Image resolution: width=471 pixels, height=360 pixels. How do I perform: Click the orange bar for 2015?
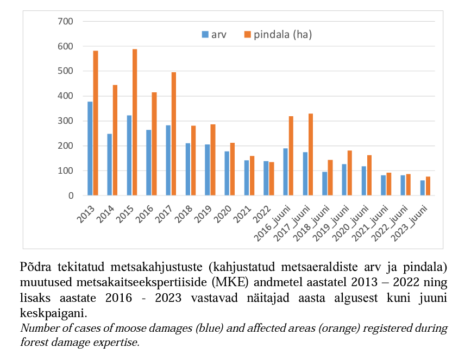135,122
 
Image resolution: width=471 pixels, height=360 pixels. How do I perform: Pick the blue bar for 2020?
227,173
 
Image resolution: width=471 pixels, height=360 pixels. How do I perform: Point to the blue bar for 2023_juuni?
422,188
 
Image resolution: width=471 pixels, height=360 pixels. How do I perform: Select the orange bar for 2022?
272,179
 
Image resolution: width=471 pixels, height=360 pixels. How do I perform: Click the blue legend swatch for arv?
205,35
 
